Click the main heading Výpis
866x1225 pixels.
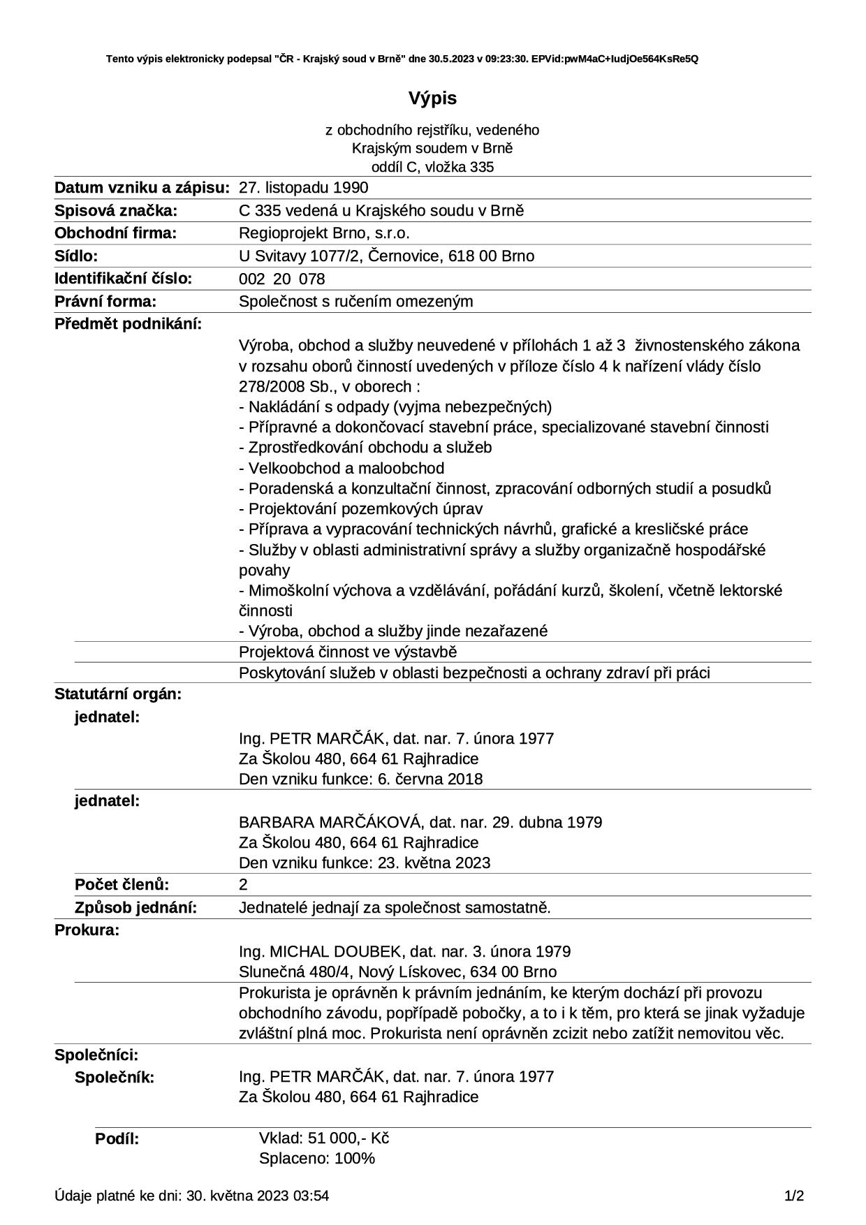(432, 98)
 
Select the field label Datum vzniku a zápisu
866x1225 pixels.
(142, 188)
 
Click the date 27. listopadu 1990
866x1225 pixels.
(303, 188)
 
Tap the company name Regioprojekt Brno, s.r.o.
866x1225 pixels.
(324, 233)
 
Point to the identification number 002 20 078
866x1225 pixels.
(281, 279)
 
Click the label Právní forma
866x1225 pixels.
(105, 302)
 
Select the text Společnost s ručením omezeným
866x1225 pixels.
(355, 302)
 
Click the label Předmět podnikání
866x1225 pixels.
(128, 324)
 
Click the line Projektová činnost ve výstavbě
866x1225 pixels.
(348, 652)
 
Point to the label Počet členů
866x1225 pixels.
(122, 885)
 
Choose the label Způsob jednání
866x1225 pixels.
(135, 908)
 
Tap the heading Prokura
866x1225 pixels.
(87, 930)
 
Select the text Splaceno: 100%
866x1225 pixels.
(316, 1159)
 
